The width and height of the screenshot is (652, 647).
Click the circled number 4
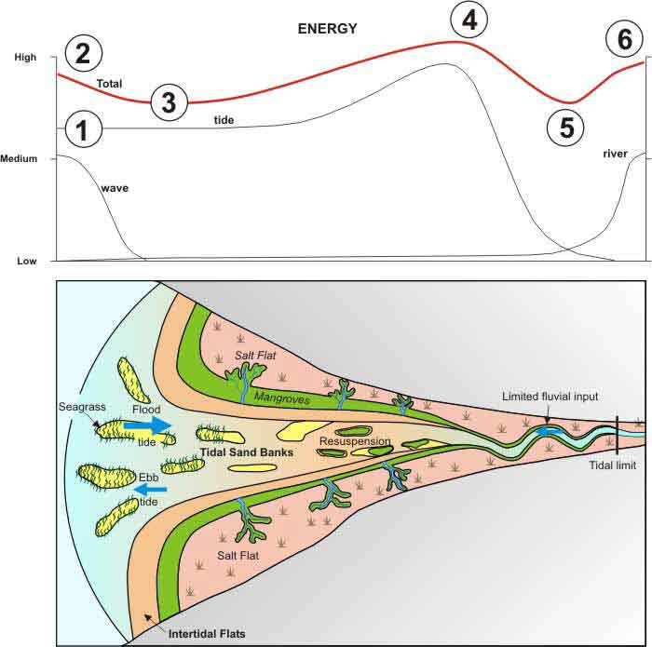469,20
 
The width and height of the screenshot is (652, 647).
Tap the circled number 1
83,128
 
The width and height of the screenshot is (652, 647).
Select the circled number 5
565,128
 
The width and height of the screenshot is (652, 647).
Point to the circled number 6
625,39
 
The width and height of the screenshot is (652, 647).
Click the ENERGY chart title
327,28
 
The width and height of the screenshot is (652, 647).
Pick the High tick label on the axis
25,57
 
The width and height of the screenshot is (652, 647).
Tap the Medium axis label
19,158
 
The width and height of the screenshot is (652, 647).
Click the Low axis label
27,261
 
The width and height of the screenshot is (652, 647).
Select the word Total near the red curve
109,84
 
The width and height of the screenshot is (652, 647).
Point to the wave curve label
115,188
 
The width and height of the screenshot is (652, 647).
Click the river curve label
615,154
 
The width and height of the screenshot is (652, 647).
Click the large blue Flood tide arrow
147,425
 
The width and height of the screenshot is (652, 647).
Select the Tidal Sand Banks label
247,452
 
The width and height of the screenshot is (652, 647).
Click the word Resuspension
355,441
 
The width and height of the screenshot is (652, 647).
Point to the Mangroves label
282,398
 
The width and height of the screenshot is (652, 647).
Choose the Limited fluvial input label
550,397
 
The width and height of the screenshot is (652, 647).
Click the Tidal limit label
613,465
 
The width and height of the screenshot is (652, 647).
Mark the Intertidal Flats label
207,634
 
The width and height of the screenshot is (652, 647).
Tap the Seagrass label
82,407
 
